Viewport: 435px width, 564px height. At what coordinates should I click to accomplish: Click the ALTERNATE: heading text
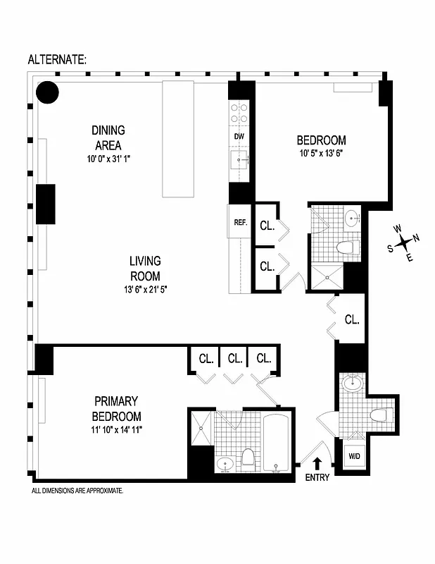[x=57, y=60]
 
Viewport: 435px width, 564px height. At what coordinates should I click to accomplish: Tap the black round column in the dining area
[x=47, y=92]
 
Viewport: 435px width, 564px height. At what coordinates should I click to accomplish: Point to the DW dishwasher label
[x=239, y=137]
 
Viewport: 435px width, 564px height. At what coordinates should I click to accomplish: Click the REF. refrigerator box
[x=240, y=222]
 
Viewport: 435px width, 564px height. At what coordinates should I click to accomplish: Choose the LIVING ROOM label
[x=144, y=269]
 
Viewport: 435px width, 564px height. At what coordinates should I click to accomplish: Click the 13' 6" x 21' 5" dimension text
[x=144, y=288]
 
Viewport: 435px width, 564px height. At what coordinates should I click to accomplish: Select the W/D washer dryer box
[x=353, y=455]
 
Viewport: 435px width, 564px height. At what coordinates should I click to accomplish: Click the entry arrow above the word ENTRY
[x=317, y=462]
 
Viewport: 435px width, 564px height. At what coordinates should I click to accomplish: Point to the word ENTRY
[x=317, y=478]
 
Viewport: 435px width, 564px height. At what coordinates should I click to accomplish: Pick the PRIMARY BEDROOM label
[x=116, y=409]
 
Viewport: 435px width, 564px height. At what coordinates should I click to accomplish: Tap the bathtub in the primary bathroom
[x=278, y=444]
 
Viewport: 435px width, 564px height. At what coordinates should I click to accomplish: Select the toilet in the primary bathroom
[x=248, y=459]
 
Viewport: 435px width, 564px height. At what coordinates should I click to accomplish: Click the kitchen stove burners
[x=239, y=113]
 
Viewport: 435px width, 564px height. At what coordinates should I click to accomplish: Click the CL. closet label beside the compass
[x=352, y=319]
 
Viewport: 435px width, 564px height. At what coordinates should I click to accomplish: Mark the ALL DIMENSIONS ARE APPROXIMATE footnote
[x=77, y=490]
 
